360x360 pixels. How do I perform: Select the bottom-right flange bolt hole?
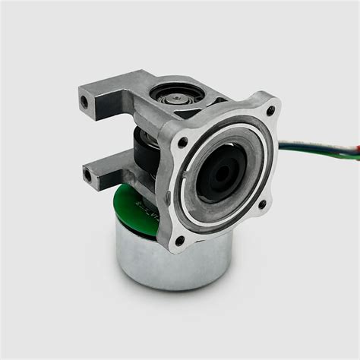263,204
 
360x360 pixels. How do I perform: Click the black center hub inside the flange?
225,173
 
